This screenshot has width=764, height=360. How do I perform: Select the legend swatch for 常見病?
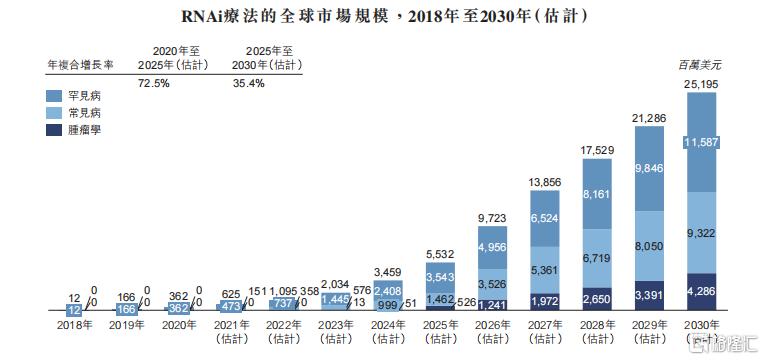pos(58,113)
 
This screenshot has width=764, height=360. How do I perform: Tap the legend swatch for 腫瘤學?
pos(58,130)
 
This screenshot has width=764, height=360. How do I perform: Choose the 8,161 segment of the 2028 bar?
pos(594,194)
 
